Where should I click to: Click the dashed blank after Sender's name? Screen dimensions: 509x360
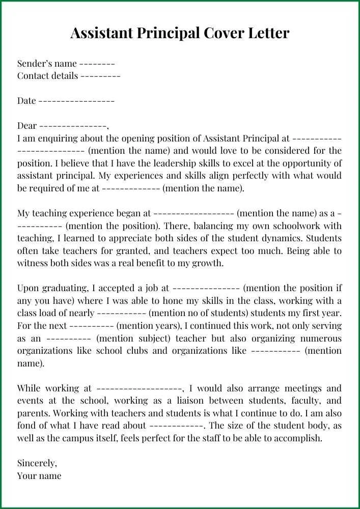click(97, 64)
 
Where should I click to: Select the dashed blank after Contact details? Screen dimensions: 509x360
click(100, 76)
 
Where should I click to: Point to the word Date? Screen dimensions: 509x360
click(26, 101)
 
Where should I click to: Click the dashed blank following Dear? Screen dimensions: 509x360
click(73, 126)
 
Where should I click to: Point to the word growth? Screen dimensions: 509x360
click(208, 263)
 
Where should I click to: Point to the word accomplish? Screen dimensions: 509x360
click(299, 438)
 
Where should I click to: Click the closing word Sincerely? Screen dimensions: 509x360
click(37, 463)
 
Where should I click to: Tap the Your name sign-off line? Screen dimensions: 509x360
click(39, 476)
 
